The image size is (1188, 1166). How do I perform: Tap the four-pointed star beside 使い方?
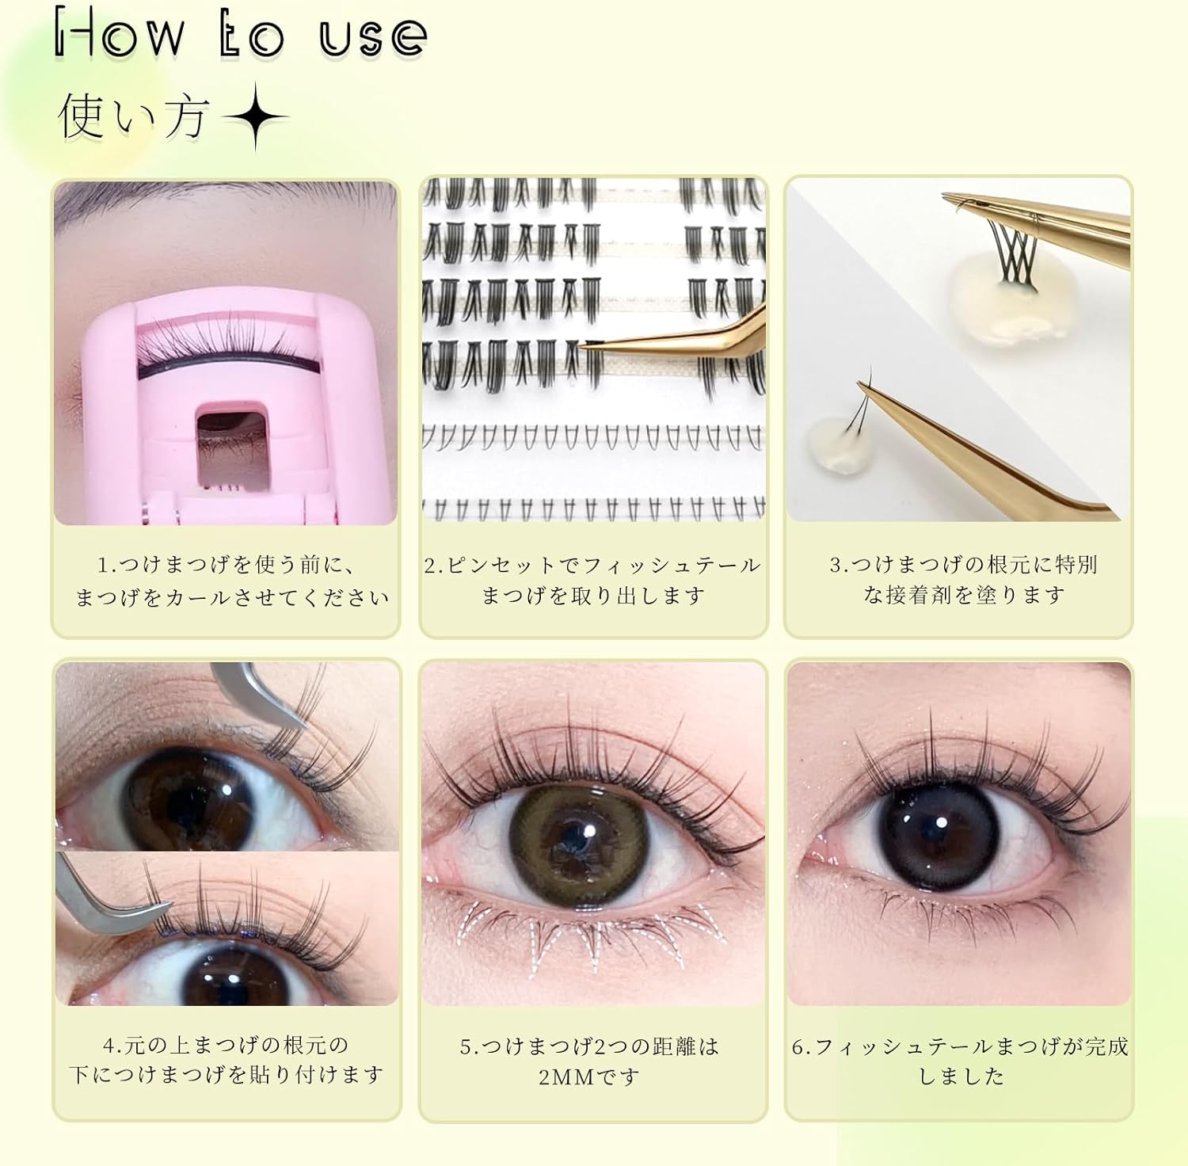click(x=255, y=118)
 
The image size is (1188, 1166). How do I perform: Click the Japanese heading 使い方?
click(x=133, y=117)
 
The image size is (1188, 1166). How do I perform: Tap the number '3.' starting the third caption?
click(x=839, y=566)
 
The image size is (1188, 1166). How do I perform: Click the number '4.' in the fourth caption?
click(x=112, y=1046)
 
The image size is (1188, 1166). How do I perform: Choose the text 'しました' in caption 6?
click(x=961, y=1076)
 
